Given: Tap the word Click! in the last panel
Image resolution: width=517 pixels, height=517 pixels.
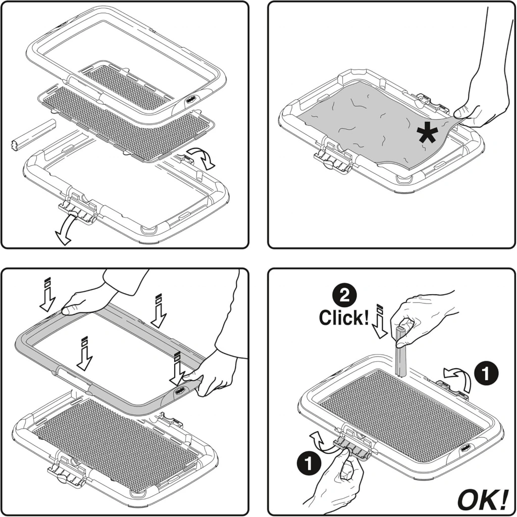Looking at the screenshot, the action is coord(343,317).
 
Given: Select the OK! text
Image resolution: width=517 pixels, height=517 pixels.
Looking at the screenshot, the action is coord(483,500).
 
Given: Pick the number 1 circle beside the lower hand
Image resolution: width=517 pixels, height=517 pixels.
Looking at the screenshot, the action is coord(309,463).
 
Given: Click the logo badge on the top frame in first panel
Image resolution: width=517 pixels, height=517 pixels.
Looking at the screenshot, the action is coord(191,100).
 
